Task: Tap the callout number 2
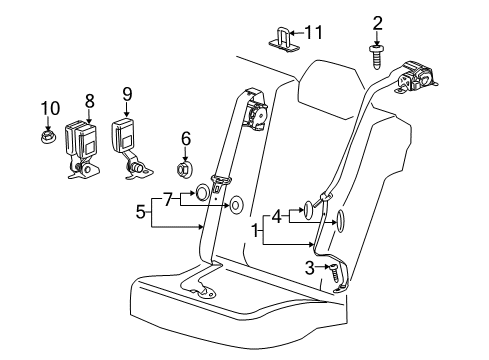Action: point(377,22)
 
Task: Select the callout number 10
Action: point(49,106)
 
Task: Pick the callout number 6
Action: point(185,137)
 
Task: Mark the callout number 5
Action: point(142,213)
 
